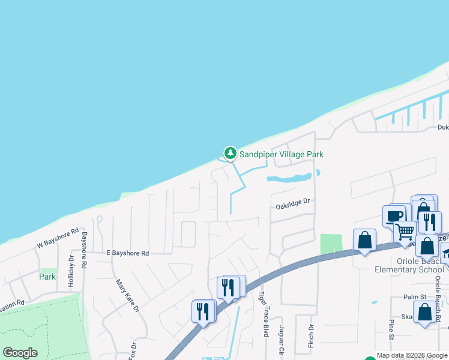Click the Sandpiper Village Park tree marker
click(230, 154)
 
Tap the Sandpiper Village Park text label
click(282, 154)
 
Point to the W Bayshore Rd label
click(58, 238)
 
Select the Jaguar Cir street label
click(280, 340)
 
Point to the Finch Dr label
click(311, 336)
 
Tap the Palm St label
click(414, 296)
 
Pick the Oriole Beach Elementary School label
click(411, 265)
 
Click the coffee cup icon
click(394, 215)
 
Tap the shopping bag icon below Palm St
click(424, 312)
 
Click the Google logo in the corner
click(20, 353)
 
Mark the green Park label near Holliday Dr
click(47, 277)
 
